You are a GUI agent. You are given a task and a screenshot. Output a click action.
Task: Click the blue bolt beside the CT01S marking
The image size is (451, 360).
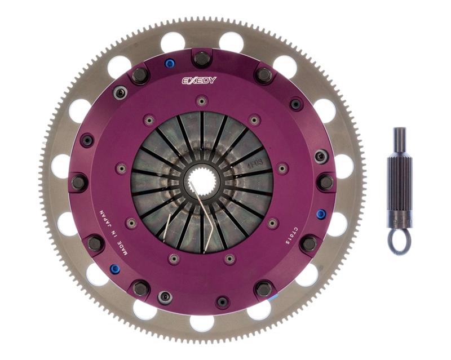[x=321, y=214]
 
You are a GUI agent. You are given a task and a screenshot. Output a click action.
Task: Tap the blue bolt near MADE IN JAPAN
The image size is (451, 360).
[x=114, y=269]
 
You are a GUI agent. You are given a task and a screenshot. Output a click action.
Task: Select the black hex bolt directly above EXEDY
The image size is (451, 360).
[x=201, y=57]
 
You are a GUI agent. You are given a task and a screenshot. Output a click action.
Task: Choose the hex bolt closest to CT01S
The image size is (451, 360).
[x=308, y=243]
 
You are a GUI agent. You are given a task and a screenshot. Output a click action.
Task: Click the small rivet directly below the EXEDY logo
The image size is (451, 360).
[x=201, y=101]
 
